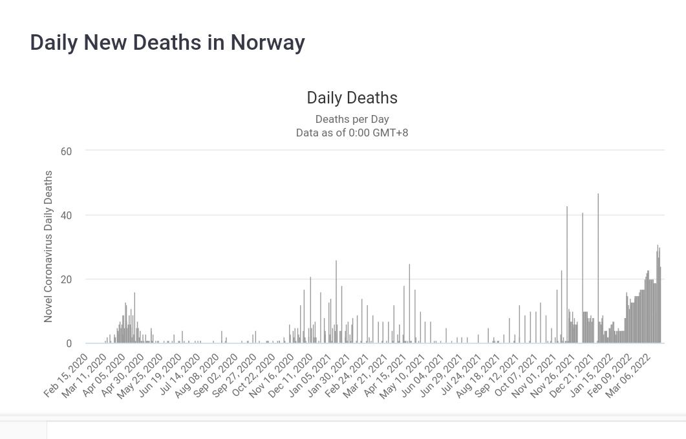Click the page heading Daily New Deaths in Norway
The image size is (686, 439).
click(167, 43)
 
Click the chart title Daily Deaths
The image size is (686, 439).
click(352, 98)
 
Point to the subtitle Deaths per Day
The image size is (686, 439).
click(352, 119)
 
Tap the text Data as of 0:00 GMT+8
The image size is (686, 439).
click(352, 133)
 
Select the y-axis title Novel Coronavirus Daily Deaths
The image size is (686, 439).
click(48, 246)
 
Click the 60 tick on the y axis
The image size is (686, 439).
click(66, 151)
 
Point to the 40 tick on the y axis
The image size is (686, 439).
click(66, 215)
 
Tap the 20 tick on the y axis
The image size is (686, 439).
click(66, 279)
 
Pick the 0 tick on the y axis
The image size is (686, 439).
click(69, 344)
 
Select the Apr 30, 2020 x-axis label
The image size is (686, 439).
click(123, 375)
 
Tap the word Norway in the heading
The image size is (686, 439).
click(268, 43)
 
